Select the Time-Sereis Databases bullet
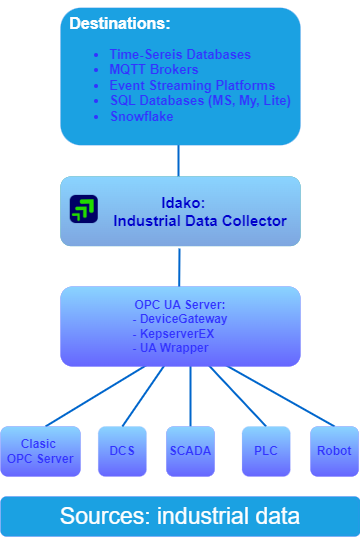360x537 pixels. (x=180, y=54)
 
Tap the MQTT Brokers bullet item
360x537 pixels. (x=156, y=70)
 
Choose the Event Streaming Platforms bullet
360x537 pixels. (x=192, y=86)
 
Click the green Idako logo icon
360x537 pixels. (x=84, y=210)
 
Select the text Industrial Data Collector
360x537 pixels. (x=200, y=220)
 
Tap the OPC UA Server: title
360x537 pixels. (x=180, y=304)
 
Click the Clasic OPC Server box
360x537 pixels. (x=39, y=451)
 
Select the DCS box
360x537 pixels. (x=121, y=451)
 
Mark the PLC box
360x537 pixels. (x=266, y=451)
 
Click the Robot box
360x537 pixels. (x=333, y=451)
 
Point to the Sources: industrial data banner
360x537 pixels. (x=180, y=516)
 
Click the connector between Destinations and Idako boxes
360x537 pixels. (x=180, y=160)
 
